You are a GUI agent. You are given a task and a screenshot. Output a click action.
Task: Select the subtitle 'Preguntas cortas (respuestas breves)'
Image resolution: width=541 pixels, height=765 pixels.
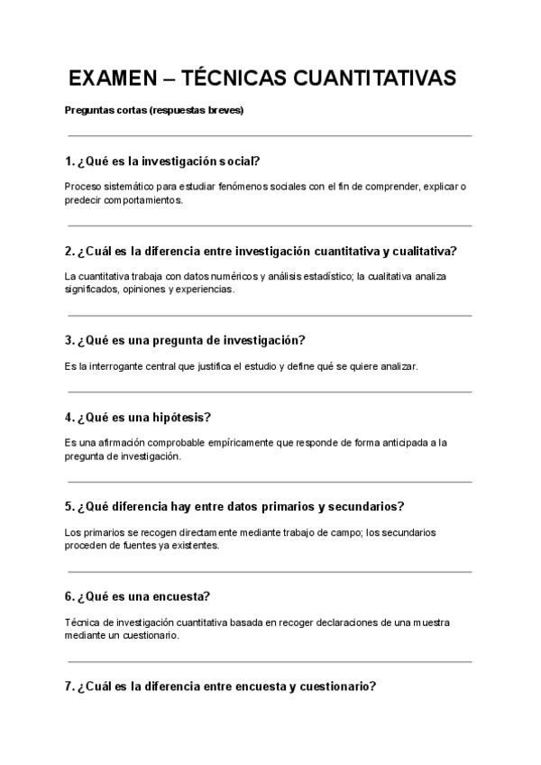pos(154,111)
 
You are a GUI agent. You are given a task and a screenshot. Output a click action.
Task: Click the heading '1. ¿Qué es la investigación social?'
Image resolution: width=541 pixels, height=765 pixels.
pos(163,161)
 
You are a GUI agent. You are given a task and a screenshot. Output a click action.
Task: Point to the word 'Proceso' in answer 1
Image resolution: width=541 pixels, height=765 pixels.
pos(83,187)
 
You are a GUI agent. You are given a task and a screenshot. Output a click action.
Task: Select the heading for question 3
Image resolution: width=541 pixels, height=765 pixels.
pos(186,340)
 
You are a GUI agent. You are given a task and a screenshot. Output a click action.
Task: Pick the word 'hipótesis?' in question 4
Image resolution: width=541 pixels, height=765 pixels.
pos(183,417)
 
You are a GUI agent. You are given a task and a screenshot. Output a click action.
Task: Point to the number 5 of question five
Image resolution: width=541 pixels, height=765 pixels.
pos(69,506)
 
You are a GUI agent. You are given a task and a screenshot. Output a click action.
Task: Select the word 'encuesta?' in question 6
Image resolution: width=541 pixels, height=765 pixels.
pos(179,596)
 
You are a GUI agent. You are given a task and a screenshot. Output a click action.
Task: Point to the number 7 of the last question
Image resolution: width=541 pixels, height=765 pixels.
pos(69,686)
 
